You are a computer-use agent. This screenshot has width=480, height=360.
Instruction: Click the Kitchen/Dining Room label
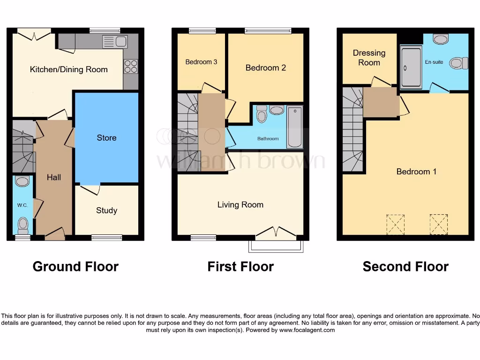(69, 69)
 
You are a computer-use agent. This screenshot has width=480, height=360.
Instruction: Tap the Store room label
(106, 138)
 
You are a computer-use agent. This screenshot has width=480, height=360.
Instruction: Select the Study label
(106, 210)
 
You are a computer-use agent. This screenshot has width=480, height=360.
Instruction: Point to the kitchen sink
(115, 41)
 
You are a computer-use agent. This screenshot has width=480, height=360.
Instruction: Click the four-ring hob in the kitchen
(131, 67)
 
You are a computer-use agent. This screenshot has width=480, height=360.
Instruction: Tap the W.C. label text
(22, 205)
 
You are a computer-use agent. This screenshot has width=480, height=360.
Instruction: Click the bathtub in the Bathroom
(295, 127)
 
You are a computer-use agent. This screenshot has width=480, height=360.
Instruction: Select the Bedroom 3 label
(201, 62)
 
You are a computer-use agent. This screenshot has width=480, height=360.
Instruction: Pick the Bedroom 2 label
(266, 68)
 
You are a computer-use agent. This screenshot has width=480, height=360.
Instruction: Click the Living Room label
(240, 205)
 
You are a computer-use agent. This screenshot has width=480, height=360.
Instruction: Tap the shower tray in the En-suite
(412, 67)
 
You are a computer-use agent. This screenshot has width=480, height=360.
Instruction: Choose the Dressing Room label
(369, 58)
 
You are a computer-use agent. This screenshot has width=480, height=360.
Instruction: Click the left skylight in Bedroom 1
(395, 224)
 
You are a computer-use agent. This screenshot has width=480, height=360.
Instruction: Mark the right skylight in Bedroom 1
(439, 224)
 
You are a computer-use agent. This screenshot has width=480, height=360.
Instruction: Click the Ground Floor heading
(75, 267)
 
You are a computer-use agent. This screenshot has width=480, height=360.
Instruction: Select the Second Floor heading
(405, 267)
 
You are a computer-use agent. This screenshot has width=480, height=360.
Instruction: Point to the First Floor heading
(240, 267)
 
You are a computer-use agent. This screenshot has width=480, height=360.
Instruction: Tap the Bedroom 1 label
(416, 172)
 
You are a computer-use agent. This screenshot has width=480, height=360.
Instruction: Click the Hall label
(54, 177)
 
